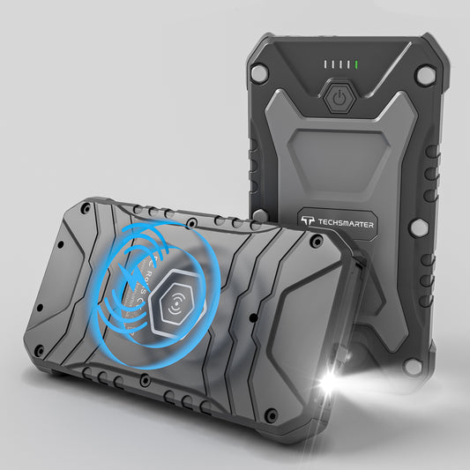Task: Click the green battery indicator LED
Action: (x=355, y=64)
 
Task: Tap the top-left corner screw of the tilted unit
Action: (x=85, y=210)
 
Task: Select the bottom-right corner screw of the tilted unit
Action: (x=272, y=413)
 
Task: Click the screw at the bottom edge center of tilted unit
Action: (x=143, y=381)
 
